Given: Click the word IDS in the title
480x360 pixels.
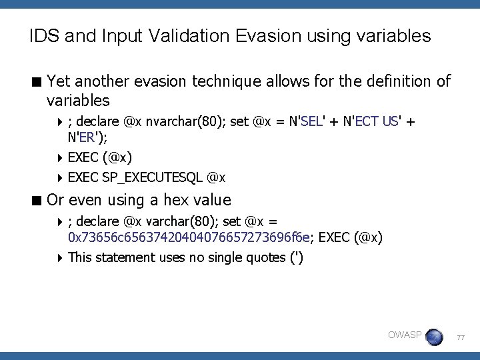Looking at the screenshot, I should [43, 35].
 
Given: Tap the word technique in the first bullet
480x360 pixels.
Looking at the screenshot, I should [228, 82].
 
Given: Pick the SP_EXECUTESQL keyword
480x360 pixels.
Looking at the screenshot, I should [153, 177].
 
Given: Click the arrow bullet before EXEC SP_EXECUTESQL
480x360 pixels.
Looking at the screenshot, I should [60, 177].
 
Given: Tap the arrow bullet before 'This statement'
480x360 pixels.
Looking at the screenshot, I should [60, 257].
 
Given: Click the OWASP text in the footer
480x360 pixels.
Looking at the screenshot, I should [404, 334].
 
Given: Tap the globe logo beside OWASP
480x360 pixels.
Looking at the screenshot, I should [434, 337].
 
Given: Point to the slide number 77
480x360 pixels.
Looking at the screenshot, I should [461, 338].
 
